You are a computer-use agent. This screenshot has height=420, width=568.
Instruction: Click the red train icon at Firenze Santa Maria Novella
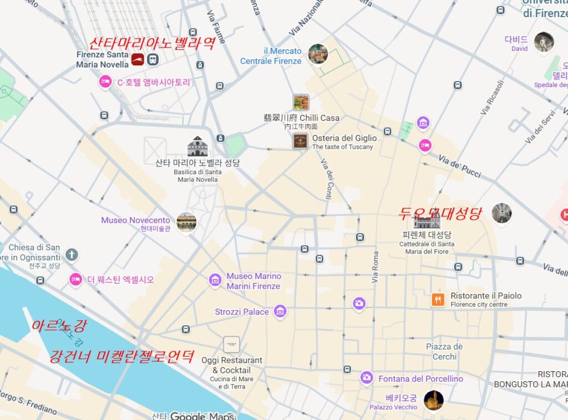(138, 59)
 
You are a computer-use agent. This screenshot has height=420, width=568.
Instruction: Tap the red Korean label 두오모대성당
(440, 213)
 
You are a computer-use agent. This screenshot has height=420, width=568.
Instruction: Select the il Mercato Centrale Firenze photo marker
(318, 54)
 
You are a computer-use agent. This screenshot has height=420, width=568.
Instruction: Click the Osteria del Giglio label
(344, 138)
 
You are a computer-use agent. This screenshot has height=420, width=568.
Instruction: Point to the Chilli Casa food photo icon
(301, 102)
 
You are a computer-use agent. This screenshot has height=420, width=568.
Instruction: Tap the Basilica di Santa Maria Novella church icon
(197, 146)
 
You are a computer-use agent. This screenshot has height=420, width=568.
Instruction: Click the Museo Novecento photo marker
(186, 221)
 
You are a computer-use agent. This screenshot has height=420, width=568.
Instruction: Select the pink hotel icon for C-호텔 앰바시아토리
(105, 82)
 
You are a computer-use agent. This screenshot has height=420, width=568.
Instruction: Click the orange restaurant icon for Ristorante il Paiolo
(438, 300)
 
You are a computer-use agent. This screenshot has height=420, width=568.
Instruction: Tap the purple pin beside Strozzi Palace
(280, 311)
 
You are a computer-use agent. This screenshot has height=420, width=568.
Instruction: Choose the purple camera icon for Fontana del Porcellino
(366, 378)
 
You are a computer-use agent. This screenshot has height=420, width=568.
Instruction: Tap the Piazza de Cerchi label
(444, 351)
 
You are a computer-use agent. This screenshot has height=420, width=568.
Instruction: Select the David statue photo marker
(544, 42)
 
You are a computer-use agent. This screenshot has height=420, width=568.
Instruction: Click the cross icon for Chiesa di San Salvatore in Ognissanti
(71, 255)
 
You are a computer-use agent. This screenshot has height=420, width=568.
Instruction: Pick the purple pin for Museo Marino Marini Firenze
(215, 280)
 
